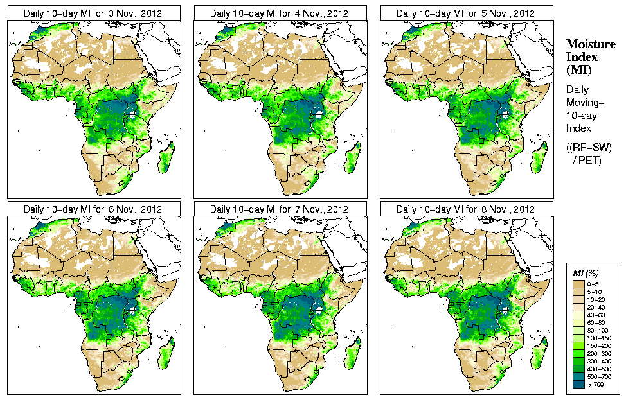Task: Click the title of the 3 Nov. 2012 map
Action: pos(93,13)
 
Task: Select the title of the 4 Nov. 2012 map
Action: pos(279,13)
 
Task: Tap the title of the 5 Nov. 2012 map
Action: pos(465,13)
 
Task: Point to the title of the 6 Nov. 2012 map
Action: pos(93,209)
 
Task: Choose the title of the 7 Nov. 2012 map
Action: pos(279,209)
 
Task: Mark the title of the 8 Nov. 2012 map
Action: pos(465,209)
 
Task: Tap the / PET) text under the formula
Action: pos(587,160)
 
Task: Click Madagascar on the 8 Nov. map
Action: pos(541,354)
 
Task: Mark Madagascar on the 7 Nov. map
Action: pos(354,354)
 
